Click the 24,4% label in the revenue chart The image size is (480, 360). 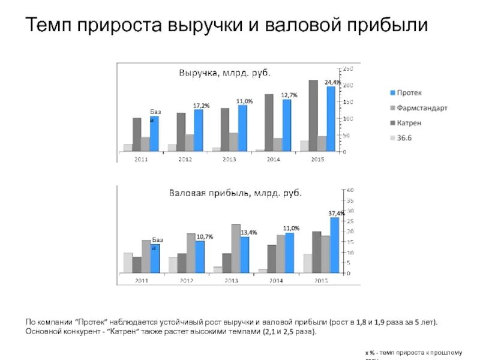pyautogui.click(x=332, y=82)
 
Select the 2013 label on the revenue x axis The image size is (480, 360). pyautogui.click(x=229, y=159)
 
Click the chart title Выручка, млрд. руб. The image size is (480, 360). pyautogui.click(x=226, y=73)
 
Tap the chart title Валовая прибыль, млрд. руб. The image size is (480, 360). pyautogui.click(x=236, y=193)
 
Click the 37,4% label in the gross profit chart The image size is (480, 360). pyautogui.click(x=336, y=213)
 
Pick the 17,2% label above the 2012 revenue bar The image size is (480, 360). pyautogui.click(x=201, y=106)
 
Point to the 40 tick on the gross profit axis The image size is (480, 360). pyautogui.click(x=350, y=190)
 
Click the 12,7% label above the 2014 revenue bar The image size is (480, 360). pyautogui.click(x=289, y=95)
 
